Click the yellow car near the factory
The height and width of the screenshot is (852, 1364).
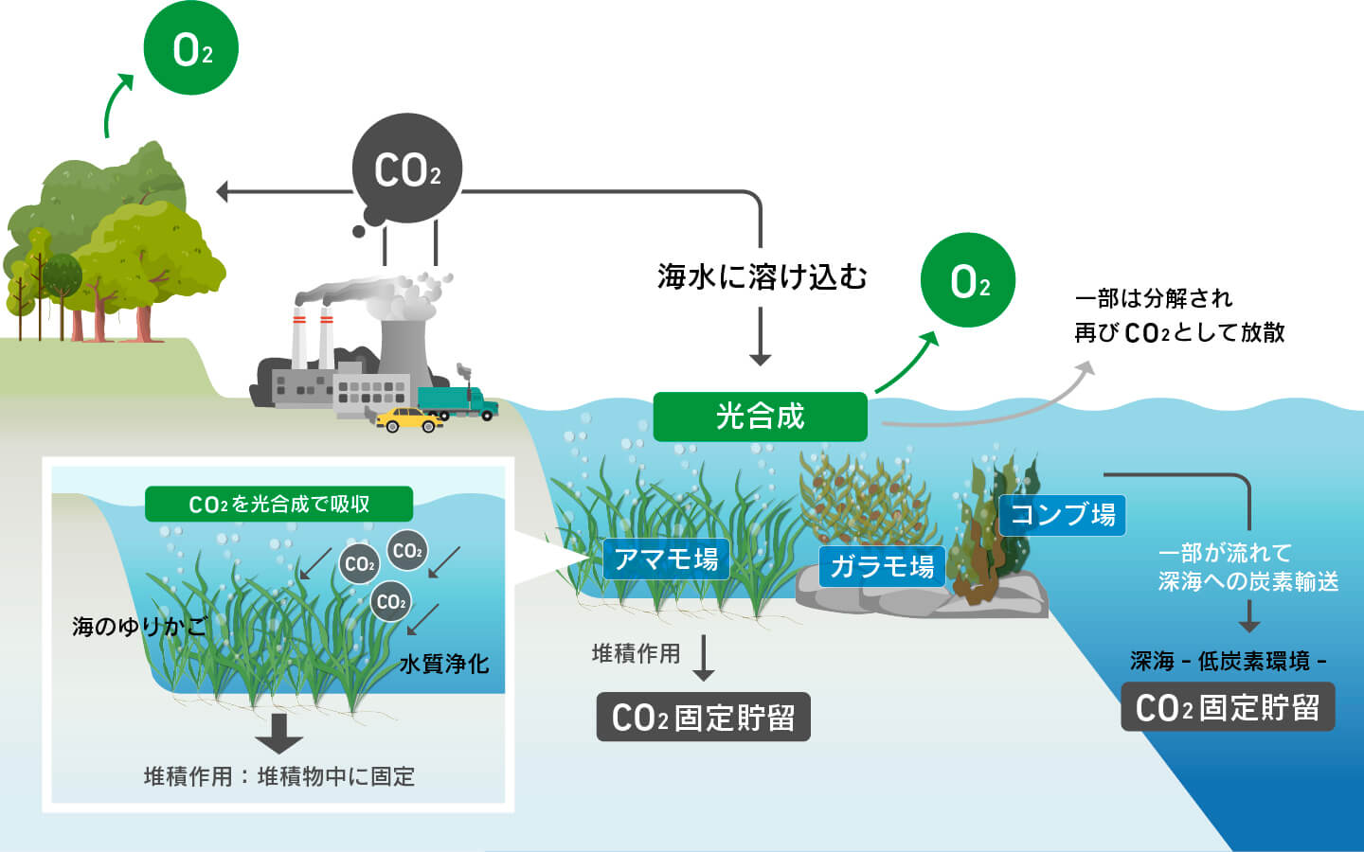tap(408, 420)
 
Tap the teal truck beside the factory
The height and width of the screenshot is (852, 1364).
tap(458, 402)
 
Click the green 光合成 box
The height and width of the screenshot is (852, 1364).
tap(760, 417)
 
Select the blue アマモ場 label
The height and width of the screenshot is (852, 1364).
tap(666, 559)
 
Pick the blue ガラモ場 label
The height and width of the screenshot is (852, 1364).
tap(882, 566)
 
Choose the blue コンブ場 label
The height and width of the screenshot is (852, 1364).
tap(1063, 515)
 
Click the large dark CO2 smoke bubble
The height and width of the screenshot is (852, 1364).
tap(406, 169)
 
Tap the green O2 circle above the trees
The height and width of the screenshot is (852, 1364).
tap(191, 47)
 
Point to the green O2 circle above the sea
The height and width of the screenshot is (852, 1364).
tap(968, 280)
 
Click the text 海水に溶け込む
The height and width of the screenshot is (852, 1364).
tap(762, 276)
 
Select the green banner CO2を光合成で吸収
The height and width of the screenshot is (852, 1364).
tap(278, 504)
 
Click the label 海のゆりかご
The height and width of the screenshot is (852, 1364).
tap(139, 627)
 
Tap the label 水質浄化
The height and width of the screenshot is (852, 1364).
tap(444, 664)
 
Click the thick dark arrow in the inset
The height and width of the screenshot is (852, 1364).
tap(278, 734)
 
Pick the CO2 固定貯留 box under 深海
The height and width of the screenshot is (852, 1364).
tap(1228, 707)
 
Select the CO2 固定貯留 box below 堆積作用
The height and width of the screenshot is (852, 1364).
tap(703, 717)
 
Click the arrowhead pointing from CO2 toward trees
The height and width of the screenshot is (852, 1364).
tap(223, 191)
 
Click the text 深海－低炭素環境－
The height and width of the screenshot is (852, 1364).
tap(1228, 662)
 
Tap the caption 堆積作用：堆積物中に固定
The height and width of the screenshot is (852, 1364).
tap(278, 777)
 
